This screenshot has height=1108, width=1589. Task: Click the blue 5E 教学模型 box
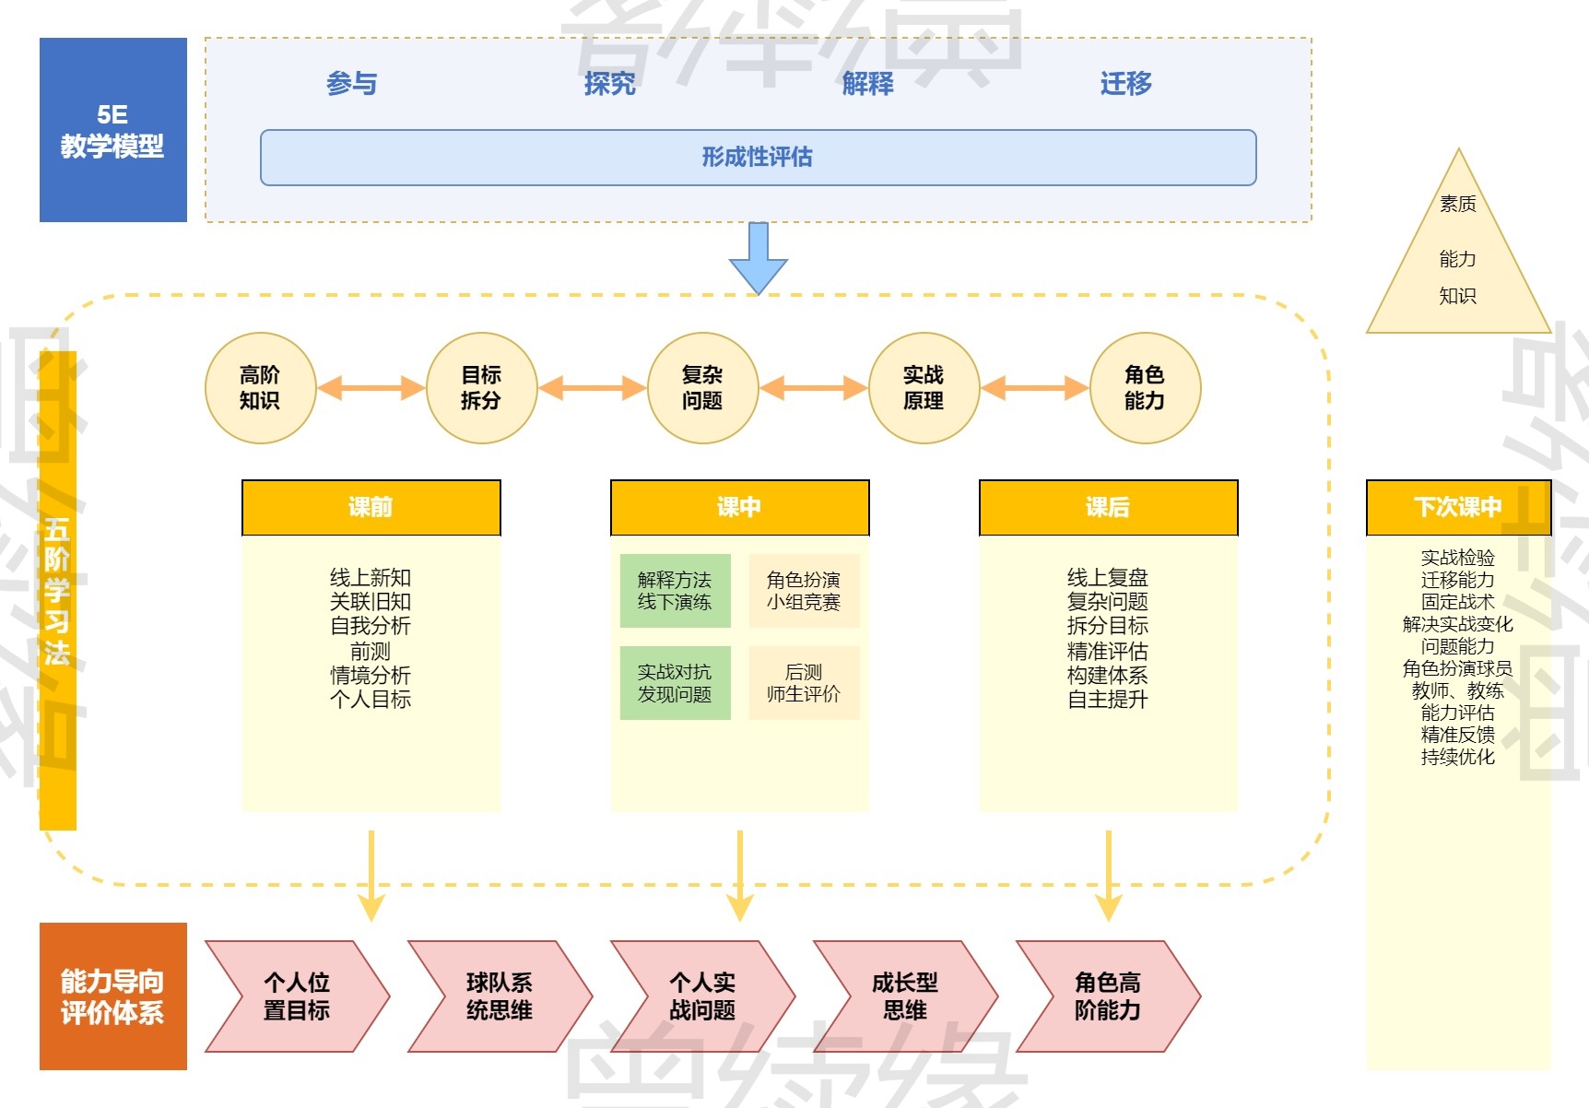point(112,130)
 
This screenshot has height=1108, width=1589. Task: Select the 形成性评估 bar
point(758,158)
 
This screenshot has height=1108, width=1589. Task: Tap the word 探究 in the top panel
point(609,84)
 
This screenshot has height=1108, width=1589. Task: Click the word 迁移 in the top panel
point(1125,84)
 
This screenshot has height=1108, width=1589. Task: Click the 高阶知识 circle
point(260,388)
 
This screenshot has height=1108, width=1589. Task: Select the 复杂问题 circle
point(702,388)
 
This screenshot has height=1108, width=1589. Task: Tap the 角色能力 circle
point(1145,388)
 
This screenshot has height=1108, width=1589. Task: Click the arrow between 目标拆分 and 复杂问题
point(592,388)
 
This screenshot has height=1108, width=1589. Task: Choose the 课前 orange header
point(371,507)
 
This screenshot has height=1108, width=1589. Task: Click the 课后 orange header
point(1108,507)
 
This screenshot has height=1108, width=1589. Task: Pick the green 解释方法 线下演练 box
point(675,591)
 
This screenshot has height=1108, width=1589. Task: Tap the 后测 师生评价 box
point(804,683)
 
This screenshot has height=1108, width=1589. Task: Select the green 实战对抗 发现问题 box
point(675,683)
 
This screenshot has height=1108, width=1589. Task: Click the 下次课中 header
point(1458,507)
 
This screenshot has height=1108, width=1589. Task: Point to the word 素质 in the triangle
point(1458,204)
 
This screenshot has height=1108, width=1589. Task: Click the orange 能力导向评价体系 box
point(112,996)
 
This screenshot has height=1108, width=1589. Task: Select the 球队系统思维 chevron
point(499,996)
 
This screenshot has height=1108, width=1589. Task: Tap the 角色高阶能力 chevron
point(1107,996)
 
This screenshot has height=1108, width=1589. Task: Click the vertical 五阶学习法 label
point(58,590)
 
